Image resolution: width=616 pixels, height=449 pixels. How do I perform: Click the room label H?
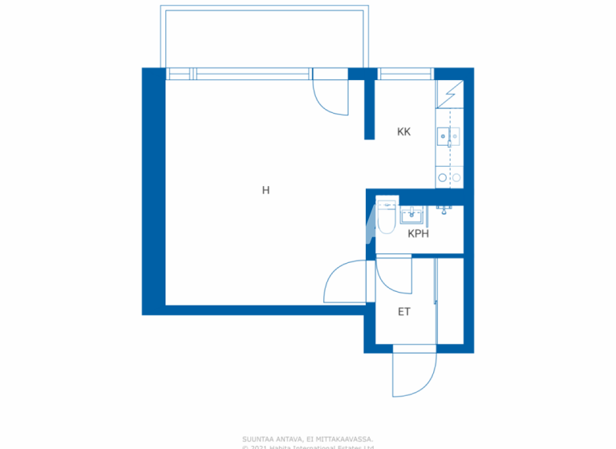click(x=265, y=191)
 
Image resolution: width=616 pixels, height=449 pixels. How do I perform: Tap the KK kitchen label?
click(x=403, y=131)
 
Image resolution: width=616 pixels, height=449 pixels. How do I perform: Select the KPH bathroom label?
click(x=418, y=234)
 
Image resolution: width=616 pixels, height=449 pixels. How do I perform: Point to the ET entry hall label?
click(x=403, y=312)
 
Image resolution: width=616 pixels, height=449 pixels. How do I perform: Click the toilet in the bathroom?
click(x=387, y=217)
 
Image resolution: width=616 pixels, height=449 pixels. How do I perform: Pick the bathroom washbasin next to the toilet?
click(x=412, y=214)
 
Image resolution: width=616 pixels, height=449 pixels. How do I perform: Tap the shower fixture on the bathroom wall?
click(x=444, y=209)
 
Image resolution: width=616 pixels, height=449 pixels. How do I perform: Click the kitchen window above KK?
click(x=406, y=75)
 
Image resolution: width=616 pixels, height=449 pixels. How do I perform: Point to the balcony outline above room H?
click(x=265, y=37)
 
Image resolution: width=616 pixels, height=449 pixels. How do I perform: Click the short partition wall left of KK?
click(x=370, y=108)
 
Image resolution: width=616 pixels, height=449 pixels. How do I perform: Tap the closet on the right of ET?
click(x=449, y=301)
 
